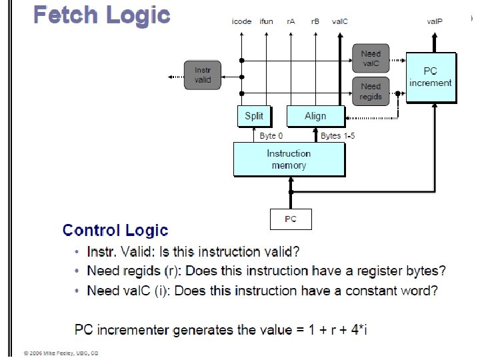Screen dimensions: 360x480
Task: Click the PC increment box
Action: point(431,77)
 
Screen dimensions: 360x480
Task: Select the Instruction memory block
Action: point(289,159)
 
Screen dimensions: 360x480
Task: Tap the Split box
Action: point(254,116)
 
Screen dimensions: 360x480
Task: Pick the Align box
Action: point(315,116)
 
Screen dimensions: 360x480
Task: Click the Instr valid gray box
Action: point(203,75)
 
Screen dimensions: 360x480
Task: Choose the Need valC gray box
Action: point(371,59)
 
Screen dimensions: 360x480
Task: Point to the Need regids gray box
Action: point(371,91)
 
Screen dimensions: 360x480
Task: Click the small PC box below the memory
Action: point(291,219)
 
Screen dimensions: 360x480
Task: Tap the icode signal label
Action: point(241,21)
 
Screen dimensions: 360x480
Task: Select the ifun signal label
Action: point(267,21)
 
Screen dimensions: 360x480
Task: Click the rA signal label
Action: point(291,21)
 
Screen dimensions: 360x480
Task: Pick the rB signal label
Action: point(315,21)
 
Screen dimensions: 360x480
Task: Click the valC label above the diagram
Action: point(340,21)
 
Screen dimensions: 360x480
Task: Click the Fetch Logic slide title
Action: point(101,15)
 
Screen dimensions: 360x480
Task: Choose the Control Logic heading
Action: point(115,231)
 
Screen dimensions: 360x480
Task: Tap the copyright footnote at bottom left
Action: point(61,353)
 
